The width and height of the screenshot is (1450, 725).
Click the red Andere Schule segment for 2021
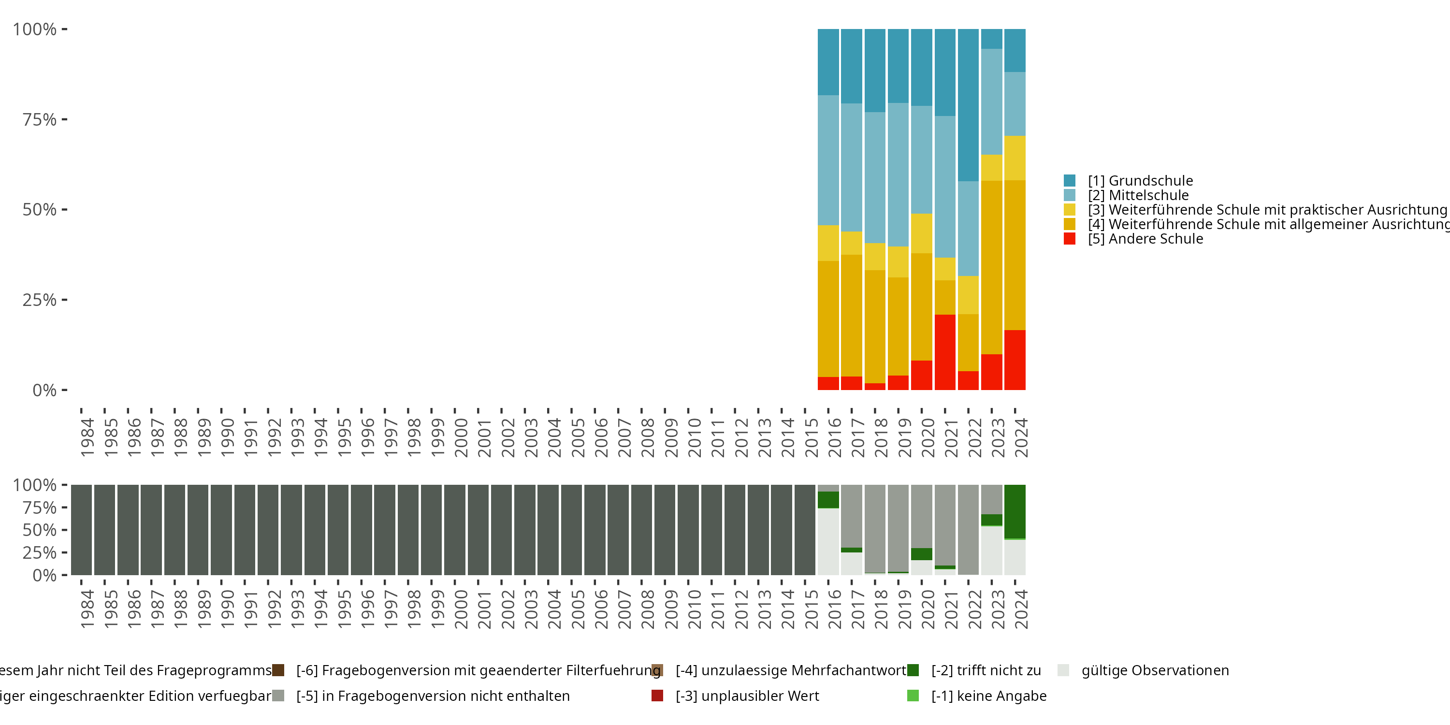(x=944, y=352)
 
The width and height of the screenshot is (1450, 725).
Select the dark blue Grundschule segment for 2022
(x=968, y=105)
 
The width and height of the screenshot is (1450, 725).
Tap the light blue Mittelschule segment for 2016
(x=828, y=160)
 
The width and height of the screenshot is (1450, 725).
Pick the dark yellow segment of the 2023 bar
(x=991, y=267)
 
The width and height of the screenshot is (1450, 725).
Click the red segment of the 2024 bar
(x=1015, y=360)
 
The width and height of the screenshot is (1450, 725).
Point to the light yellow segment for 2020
(x=921, y=233)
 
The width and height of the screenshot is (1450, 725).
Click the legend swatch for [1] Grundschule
(x=1070, y=181)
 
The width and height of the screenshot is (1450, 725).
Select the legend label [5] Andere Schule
(x=1145, y=239)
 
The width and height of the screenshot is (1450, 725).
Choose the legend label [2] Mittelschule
(x=1138, y=195)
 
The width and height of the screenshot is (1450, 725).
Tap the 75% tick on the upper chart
(x=64, y=119)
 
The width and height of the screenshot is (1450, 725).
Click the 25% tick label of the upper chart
(x=40, y=300)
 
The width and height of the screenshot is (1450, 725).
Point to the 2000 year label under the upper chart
(x=461, y=437)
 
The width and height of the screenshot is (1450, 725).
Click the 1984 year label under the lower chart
(x=87, y=609)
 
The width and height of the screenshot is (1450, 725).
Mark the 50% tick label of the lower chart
(x=40, y=530)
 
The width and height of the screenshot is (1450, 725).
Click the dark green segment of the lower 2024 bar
(x=1015, y=511)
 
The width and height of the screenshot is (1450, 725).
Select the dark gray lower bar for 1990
(x=221, y=530)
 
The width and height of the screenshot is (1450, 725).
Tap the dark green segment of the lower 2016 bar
(x=828, y=499)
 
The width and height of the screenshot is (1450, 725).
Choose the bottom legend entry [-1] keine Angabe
(x=988, y=696)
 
